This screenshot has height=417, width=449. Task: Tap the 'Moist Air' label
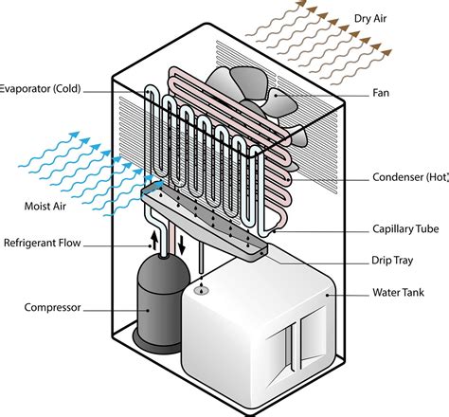click(x=44, y=205)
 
